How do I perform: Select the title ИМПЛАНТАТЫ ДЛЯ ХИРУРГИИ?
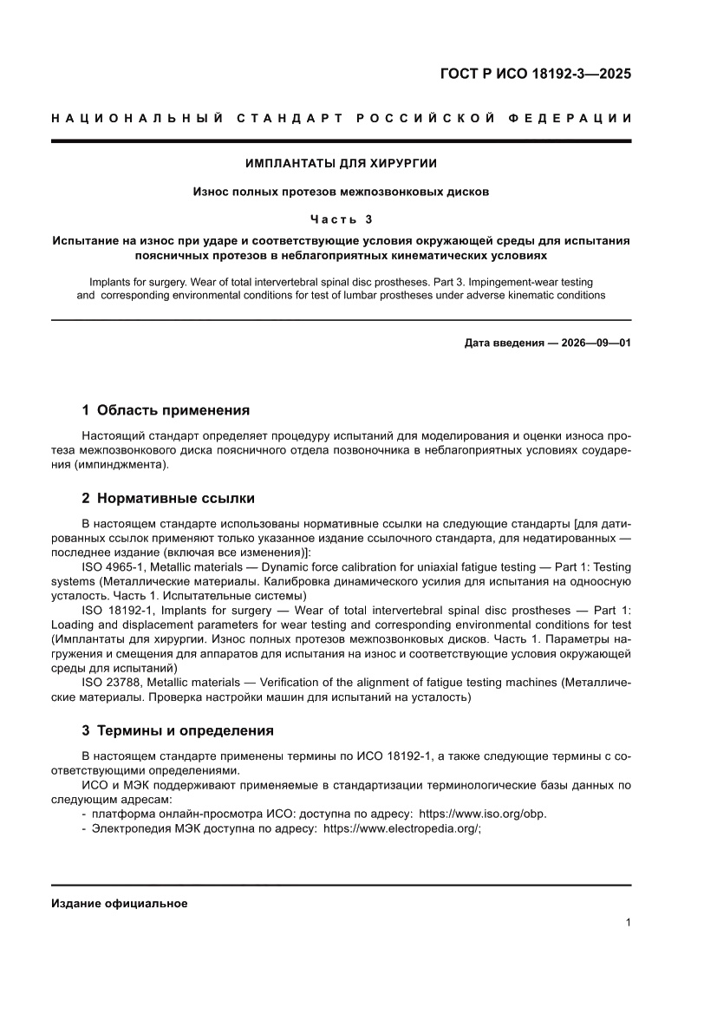point(341,163)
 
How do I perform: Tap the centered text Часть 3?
point(341,219)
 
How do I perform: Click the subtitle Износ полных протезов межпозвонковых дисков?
point(341,191)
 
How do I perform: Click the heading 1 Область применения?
point(165,409)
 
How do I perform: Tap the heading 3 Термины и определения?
point(177,729)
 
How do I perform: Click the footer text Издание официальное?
point(120,903)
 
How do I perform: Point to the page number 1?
point(627,923)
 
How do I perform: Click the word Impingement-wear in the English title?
point(500,282)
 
